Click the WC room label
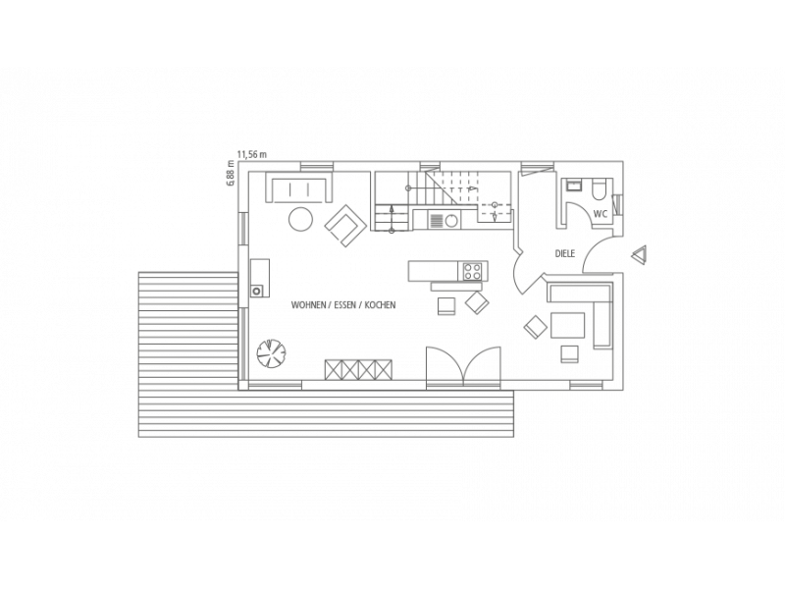(601, 214)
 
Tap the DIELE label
(565, 254)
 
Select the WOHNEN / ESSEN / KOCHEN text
(343, 305)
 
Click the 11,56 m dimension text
(252, 155)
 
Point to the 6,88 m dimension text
(231, 174)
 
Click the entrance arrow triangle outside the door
(639, 255)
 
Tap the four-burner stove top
(474, 272)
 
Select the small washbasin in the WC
(572, 186)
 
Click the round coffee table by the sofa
(301, 218)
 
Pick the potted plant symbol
(271, 353)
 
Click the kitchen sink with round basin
(444, 220)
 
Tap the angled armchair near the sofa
(344, 225)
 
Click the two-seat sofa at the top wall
(300, 187)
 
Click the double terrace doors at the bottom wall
(463, 365)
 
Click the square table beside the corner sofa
(568, 326)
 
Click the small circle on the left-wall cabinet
(257, 290)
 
